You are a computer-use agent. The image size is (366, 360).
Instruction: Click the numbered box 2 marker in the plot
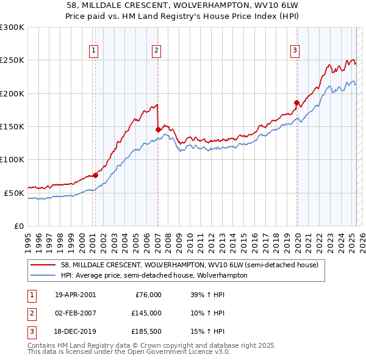coord(157,51)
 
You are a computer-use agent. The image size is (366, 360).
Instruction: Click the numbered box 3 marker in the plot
coord(295,51)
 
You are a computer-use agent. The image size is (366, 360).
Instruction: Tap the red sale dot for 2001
coord(95,176)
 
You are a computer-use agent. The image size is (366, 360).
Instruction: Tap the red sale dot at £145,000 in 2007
coord(158,129)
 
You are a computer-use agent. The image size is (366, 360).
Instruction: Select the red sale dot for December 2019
coord(297,103)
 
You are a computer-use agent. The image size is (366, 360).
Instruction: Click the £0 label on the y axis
coord(18,226)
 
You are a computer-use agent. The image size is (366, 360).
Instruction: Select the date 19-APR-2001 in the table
coord(75,295)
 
